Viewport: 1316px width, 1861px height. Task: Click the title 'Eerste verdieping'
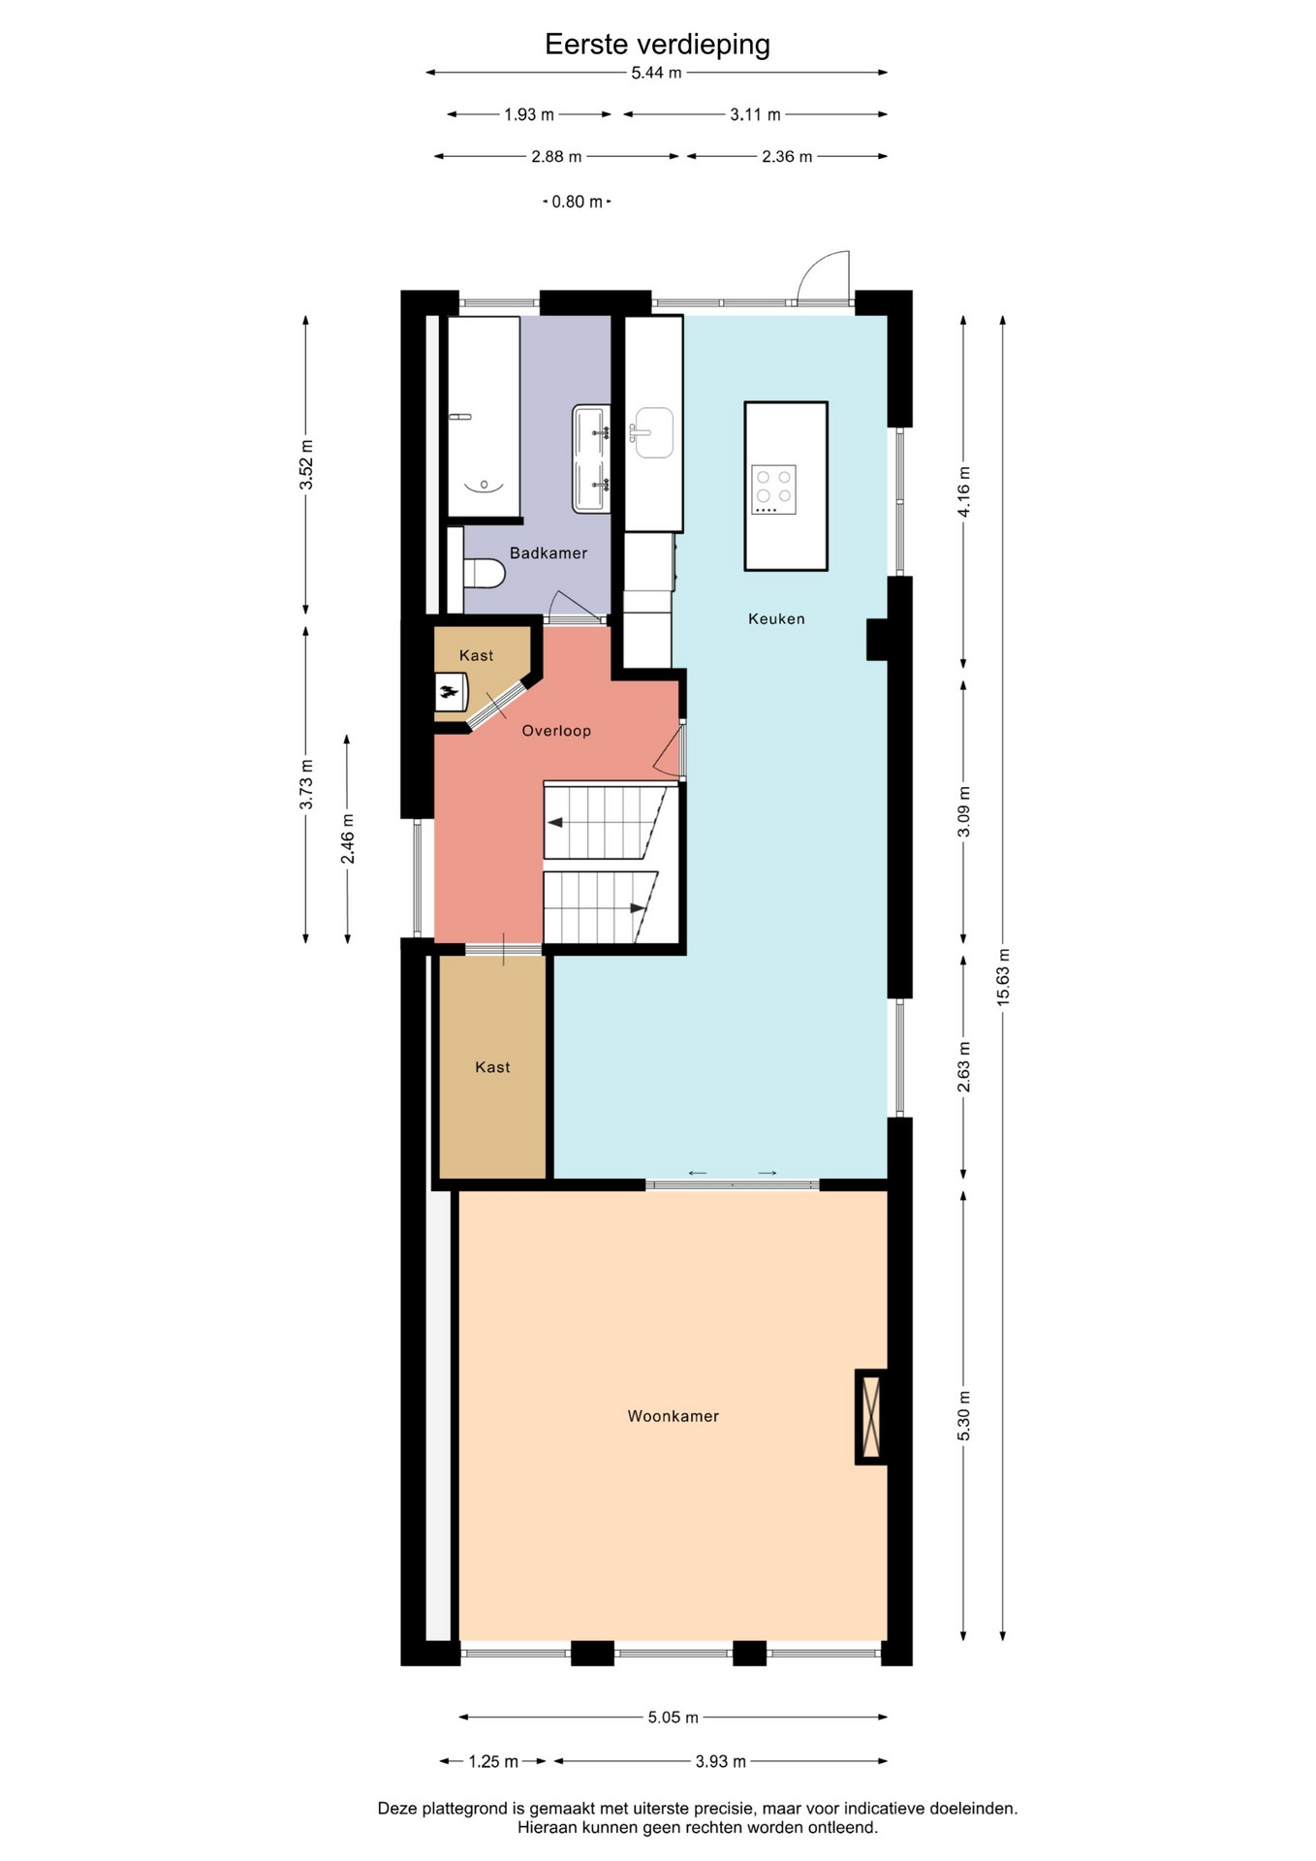pos(657,45)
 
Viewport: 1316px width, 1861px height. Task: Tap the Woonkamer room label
pos(674,1416)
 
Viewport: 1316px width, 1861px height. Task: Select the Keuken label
pos(776,618)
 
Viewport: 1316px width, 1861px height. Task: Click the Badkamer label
pos(548,552)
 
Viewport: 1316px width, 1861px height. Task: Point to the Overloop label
pos(556,731)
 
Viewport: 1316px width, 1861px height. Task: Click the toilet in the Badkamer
pos(484,573)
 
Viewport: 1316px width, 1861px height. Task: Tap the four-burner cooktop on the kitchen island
pos(773,489)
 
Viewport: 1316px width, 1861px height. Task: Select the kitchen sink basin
pos(653,432)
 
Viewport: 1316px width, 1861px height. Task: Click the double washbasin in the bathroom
pos(591,458)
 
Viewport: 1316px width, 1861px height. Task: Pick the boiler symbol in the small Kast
pos(451,692)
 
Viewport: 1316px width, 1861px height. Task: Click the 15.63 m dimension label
pos(1003,976)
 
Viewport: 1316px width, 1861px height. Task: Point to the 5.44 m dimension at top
pos(656,73)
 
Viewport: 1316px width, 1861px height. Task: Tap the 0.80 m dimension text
pos(578,202)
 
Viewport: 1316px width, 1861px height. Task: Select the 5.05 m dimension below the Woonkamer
pos(674,1718)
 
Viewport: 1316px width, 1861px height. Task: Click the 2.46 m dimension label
pos(347,839)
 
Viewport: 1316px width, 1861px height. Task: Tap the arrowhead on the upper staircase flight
pos(555,823)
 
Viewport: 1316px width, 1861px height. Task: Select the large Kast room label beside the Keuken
pos(492,1067)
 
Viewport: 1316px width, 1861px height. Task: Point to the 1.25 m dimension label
pos(493,1761)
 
